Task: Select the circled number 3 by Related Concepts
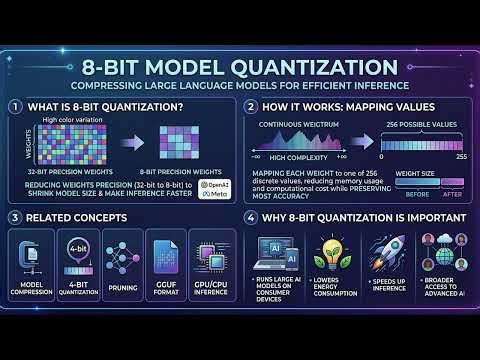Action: [16, 216]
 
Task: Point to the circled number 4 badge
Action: [250, 216]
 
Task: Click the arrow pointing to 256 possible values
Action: [364, 141]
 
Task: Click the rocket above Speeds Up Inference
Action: [386, 250]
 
